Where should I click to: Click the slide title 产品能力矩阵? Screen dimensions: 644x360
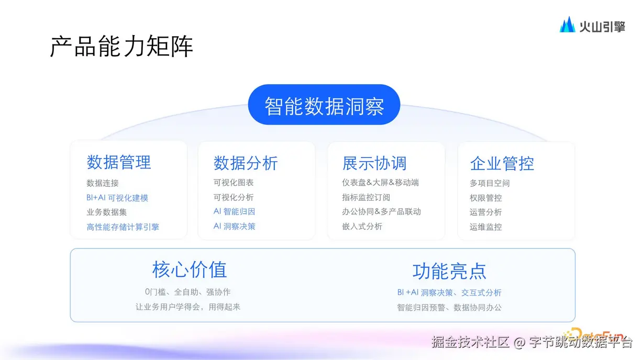(121, 46)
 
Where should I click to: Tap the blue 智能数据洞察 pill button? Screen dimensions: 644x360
(324, 105)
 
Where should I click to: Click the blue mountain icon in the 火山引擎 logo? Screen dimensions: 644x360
(567, 25)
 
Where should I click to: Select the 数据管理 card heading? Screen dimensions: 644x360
(119, 162)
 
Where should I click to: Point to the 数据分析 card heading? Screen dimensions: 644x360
(246, 163)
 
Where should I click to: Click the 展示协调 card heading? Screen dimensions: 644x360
(374, 163)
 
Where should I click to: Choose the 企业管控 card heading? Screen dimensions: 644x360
(502, 163)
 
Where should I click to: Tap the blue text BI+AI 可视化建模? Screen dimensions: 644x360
(117, 198)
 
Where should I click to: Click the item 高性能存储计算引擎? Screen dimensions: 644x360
(123, 227)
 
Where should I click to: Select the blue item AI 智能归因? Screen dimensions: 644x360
(235, 211)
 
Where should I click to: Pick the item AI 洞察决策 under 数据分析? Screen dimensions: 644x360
(235, 227)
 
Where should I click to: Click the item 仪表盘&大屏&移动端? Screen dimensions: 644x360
(380, 183)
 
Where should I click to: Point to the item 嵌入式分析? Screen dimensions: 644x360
(362, 227)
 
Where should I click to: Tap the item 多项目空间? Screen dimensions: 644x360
(490, 183)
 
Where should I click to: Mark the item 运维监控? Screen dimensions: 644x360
(485, 227)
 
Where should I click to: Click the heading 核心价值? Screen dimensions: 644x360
(190, 269)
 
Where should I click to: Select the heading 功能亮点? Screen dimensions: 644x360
(449, 271)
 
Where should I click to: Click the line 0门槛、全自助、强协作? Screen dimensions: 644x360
(188, 292)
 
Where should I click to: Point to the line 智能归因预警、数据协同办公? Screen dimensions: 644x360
(449, 308)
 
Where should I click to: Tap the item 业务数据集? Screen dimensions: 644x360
(107, 212)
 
